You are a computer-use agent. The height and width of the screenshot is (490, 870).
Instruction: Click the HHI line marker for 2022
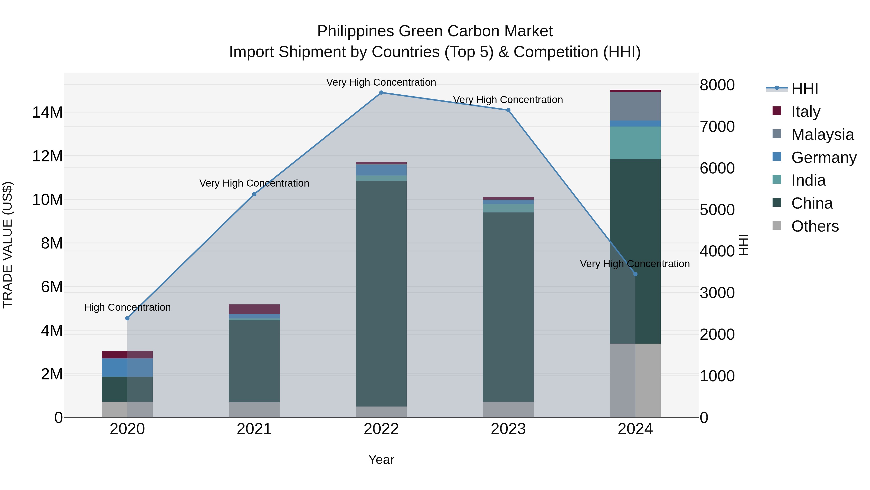point(381,93)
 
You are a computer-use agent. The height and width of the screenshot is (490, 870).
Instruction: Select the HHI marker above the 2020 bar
point(127,318)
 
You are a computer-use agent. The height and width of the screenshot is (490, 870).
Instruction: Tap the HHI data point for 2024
point(635,274)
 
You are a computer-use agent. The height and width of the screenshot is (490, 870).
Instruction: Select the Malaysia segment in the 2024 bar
point(635,106)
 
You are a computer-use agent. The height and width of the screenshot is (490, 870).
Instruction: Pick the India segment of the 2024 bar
point(635,143)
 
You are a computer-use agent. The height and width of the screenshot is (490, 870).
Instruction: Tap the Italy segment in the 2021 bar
point(254,309)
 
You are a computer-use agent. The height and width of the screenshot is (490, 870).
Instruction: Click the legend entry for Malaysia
point(822,135)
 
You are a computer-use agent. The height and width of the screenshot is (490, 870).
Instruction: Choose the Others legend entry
point(815,226)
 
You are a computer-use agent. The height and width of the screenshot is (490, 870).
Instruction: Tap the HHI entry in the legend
point(805,89)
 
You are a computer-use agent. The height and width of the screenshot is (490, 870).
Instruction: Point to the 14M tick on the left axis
point(47,112)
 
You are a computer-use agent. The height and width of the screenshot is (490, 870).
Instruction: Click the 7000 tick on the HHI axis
point(717,127)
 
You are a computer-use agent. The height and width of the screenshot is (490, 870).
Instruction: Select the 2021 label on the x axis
point(254,429)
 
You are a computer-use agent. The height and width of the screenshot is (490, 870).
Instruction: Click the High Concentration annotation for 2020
point(127,307)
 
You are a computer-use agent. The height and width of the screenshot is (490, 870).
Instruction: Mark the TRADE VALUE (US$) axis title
point(7,245)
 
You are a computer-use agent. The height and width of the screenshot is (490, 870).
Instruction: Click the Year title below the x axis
point(381,460)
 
